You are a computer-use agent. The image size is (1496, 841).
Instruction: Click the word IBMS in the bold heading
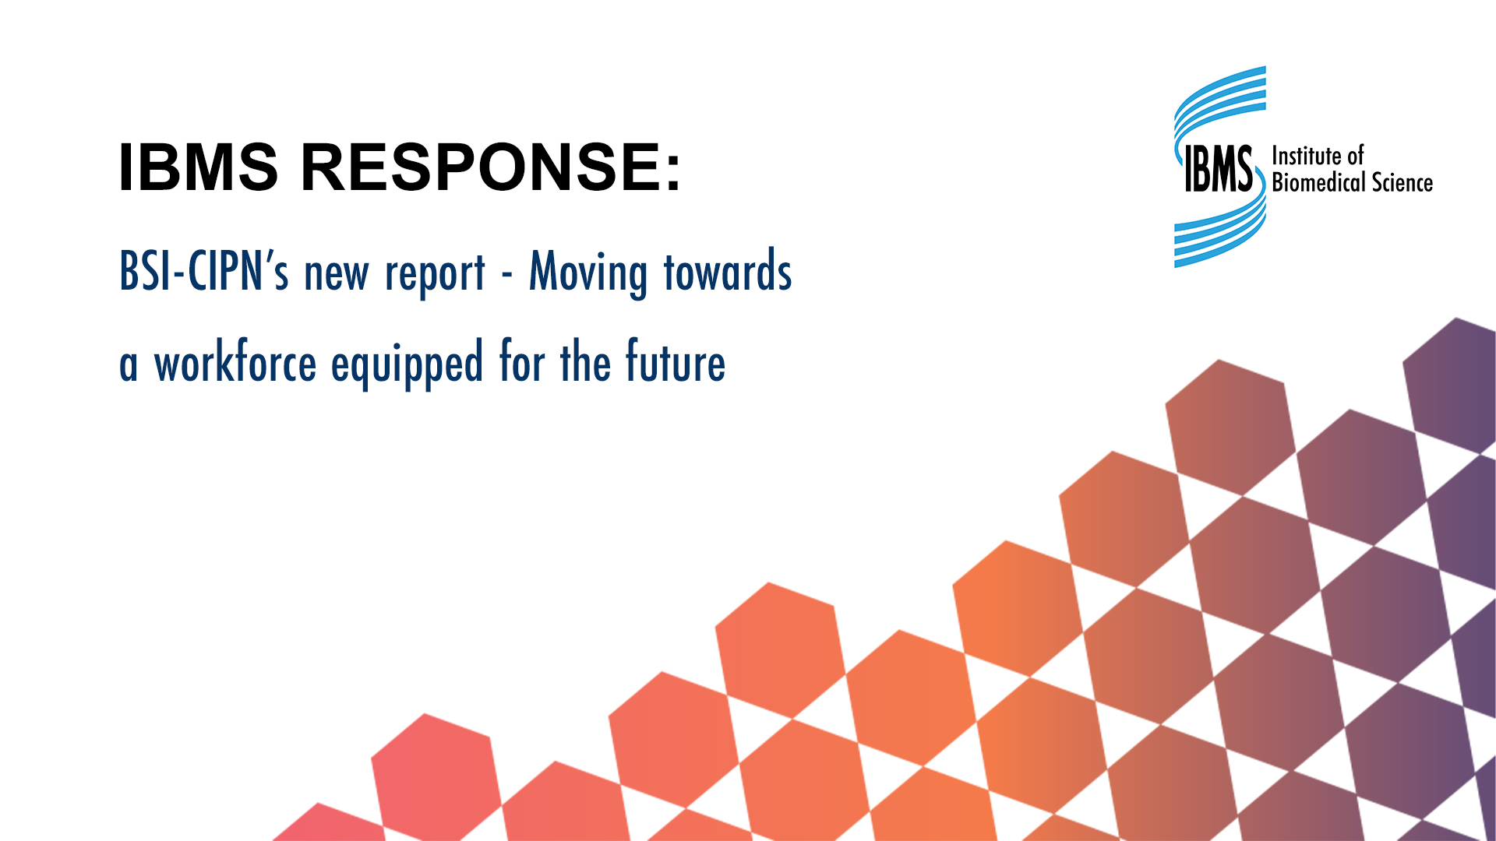[198, 167]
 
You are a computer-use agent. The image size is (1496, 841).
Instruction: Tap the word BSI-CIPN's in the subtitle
[204, 272]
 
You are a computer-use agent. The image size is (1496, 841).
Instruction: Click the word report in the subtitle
[435, 274]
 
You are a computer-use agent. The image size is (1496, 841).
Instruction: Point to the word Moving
[588, 273]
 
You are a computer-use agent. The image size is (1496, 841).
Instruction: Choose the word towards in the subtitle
[728, 272]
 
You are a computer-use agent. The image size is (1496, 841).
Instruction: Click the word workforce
[235, 363]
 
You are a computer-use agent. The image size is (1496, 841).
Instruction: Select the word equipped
[407, 364]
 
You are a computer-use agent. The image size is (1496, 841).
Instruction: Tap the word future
[676, 363]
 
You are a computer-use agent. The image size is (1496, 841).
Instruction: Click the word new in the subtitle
[337, 274]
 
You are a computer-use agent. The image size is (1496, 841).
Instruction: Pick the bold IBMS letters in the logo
[1218, 168]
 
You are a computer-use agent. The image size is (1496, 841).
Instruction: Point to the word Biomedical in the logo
[1318, 182]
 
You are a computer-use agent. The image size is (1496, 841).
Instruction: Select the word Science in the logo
[1402, 182]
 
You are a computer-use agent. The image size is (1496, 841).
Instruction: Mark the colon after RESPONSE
[674, 170]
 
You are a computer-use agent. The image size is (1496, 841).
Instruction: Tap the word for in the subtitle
[521, 363]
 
